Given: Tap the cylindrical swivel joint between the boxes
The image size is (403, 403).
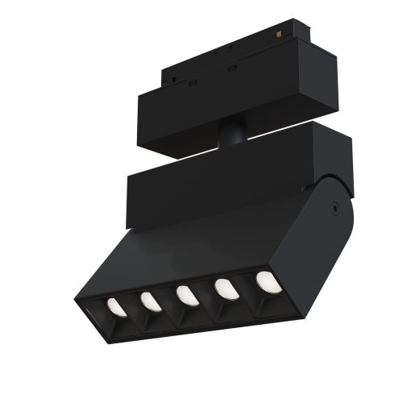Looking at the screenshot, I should [x=233, y=131].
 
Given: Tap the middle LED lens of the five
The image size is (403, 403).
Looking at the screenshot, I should [x=185, y=295].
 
